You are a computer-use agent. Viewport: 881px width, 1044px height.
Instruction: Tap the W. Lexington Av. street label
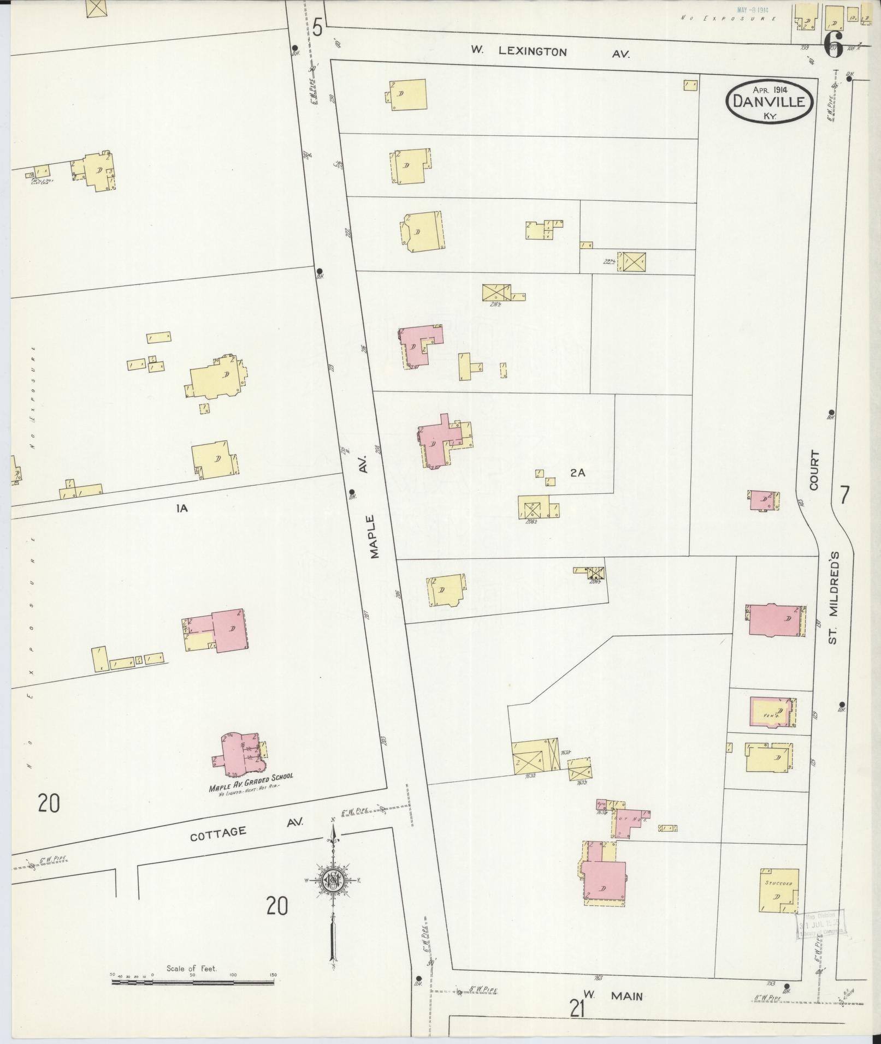click(x=550, y=52)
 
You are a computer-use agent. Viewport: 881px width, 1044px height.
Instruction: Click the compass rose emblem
click(x=332, y=879)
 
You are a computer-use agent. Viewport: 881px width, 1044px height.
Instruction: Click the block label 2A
click(x=577, y=473)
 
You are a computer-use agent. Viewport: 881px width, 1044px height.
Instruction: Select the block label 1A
click(x=182, y=508)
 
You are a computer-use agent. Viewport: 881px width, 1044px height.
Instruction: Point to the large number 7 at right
click(x=844, y=495)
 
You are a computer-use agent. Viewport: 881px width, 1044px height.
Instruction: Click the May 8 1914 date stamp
click(x=753, y=10)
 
